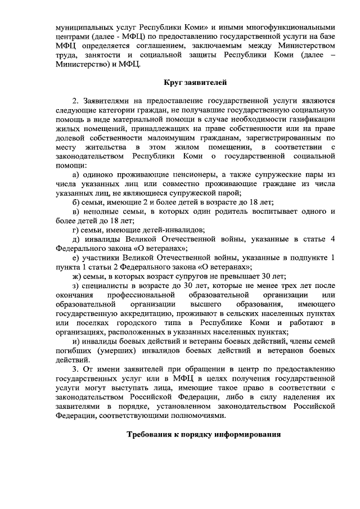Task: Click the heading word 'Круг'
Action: (173, 83)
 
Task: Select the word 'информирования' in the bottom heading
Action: (247, 435)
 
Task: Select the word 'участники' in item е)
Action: (101, 258)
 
